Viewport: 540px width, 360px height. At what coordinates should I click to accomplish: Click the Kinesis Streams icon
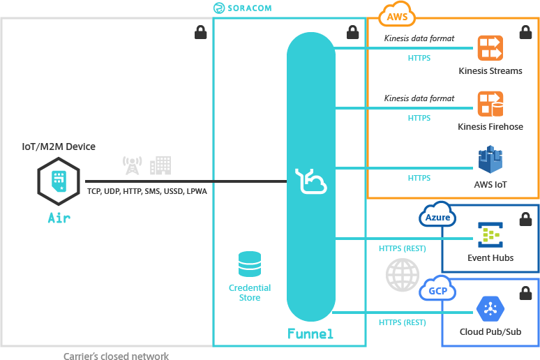[x=490, y=48]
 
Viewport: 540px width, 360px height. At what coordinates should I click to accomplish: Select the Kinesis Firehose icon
[x=490, y=105]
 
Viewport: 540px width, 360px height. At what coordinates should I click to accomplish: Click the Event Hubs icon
[x=490, y=235]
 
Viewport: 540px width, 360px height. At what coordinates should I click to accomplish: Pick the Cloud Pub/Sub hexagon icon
[x=490, y=308]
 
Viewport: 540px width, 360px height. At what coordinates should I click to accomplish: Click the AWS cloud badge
[x=396, y=16]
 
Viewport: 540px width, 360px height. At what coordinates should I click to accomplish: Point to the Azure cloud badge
[x=437, y=218]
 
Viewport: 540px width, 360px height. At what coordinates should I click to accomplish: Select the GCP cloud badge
[x=437, y=291]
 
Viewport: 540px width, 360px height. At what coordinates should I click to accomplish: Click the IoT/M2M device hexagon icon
[x=59, y=181]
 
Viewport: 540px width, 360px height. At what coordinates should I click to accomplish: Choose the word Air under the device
[x=59, y=218]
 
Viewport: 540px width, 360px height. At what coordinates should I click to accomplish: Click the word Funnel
[x=310, y=335]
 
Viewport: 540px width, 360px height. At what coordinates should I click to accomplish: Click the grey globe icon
[x=403, y=275]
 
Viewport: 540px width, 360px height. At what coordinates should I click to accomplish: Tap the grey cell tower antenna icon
[x=131, y=165]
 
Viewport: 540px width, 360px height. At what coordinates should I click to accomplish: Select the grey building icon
[x=160, y=165]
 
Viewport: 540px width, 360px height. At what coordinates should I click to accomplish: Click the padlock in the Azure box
[x=524, y=218]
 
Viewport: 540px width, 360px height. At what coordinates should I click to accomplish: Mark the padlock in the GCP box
[x=524, y=292]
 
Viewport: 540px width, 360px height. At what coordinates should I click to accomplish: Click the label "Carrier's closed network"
[x=116, y=357]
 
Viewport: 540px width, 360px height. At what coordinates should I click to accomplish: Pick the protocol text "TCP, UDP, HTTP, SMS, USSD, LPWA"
[x=147, y=190]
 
